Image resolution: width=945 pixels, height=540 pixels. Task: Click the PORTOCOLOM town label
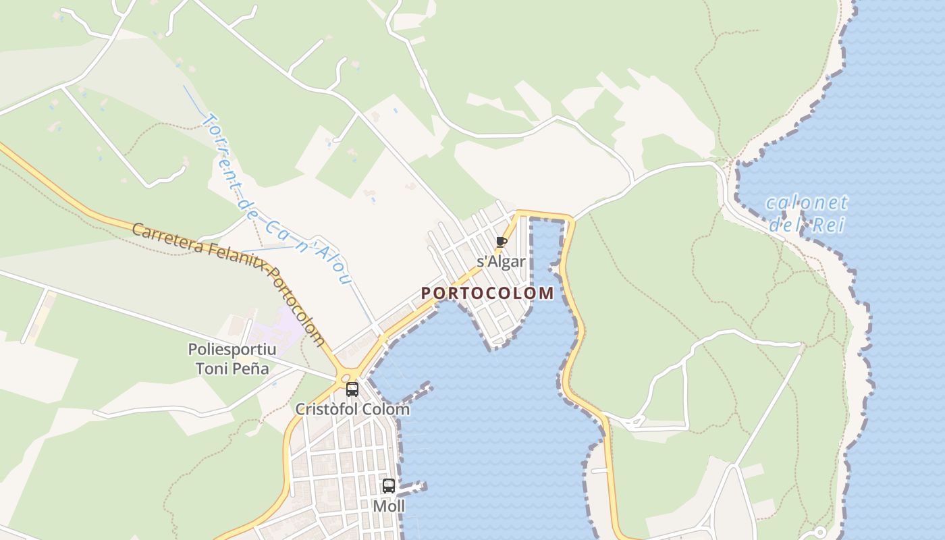487,293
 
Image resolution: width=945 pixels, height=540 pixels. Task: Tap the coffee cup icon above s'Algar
501,242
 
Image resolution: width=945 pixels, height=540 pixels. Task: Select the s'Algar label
501,261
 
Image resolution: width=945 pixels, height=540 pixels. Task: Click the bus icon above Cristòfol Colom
352,389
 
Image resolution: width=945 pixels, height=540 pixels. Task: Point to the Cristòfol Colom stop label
352,409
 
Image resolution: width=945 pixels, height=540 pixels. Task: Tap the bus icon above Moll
389,486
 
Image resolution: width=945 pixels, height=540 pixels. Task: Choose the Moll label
389,506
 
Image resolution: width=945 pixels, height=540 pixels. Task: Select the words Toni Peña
232,369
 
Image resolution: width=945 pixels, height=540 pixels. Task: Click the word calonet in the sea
807,202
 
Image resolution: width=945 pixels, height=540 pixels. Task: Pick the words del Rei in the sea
807,225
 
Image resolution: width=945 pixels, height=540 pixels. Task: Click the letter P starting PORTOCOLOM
426,294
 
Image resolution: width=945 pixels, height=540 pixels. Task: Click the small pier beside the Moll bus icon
412,487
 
